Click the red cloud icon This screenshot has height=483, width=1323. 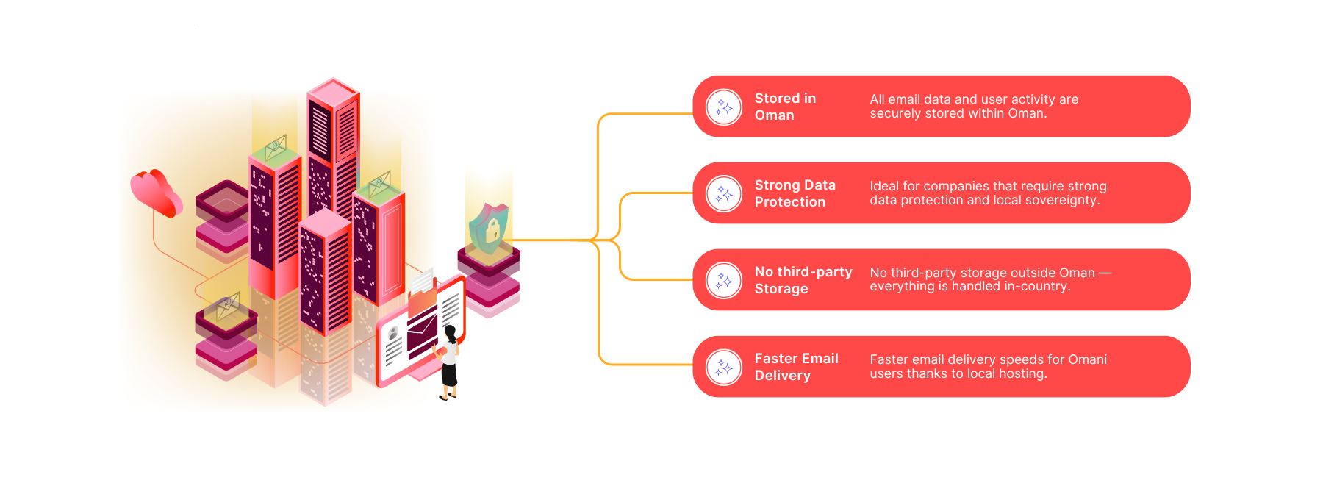click(155, 192)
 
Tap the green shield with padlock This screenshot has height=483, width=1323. click(488, 228)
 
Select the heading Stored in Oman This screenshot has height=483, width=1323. click(784, 107)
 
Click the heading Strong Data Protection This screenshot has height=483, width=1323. click(795, 193)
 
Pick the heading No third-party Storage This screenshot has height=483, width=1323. click(803, 280)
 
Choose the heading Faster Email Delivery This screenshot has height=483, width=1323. click(796, 367)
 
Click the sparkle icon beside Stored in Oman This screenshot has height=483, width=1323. click(724, 107)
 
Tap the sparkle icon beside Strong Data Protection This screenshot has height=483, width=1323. click(724, 194)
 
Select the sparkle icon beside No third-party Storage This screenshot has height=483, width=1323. click(724, 281)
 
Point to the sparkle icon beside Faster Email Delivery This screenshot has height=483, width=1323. click(724, 368)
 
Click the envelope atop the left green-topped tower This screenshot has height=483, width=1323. click(276, 147)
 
